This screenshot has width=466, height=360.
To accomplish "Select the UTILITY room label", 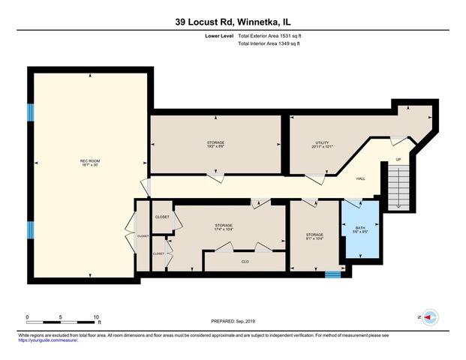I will point(322,144).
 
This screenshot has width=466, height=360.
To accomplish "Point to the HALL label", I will point(360,178).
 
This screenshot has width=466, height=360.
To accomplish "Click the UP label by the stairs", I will point(398,160).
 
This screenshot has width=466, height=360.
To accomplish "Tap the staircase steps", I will point(397,187).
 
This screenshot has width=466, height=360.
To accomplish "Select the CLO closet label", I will point(245,262).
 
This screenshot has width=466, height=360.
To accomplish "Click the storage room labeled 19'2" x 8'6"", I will point(216,144).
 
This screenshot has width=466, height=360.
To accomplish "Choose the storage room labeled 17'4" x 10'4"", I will point(224,227).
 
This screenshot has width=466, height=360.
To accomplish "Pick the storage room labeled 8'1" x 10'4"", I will point(314,237).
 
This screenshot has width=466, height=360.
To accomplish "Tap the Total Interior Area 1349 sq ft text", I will point(269,44).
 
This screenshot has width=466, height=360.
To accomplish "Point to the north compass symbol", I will point(428,317).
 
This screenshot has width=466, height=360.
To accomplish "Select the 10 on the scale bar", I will point(97,317).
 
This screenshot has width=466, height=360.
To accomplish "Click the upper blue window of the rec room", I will point(32,112).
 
